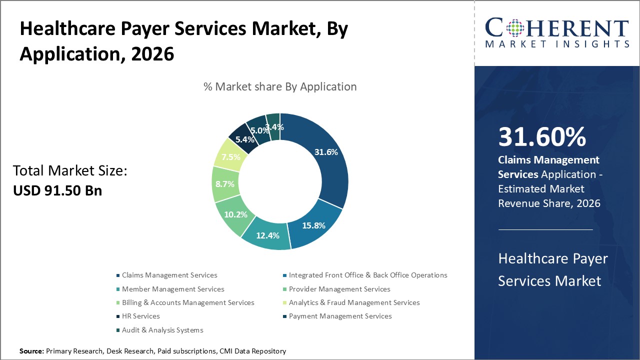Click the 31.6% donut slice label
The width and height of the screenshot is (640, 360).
click(325, 152)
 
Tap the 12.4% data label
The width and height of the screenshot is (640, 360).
click(267, 235)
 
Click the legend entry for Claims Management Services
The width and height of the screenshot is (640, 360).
click(169, 275)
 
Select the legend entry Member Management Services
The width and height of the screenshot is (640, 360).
click(173, 289)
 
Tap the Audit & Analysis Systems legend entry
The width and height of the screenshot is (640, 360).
click(162, 330)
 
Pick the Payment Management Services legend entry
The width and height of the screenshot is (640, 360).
click(340, 316)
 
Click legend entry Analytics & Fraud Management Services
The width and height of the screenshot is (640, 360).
click(354, 302)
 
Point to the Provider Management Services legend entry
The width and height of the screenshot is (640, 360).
click(339, 289)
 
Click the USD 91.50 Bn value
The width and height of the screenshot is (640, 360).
click(57, 190)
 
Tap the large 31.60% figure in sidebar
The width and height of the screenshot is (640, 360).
click(542, 137)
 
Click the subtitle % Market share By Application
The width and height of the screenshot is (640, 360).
click(280, 86)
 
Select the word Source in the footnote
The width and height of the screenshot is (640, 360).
click(31, 351)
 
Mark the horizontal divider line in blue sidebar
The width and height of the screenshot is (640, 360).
click(545, 229)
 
